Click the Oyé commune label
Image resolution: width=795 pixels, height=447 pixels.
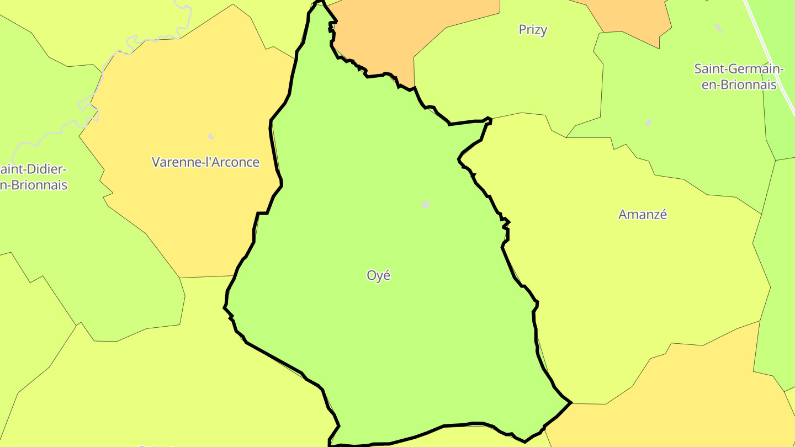379,275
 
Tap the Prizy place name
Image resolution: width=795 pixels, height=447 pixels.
533,30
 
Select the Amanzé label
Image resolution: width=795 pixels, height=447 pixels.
643,215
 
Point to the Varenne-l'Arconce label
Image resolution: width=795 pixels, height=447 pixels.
205,162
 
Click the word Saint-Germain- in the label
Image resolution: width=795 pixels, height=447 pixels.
739,70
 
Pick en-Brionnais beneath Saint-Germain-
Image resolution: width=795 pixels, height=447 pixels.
739,85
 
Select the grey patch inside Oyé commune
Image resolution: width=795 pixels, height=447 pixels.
426,205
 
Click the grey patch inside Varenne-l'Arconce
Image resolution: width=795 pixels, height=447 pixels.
211,136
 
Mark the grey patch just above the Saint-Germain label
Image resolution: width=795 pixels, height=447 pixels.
718,28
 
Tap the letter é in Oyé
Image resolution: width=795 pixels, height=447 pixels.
386,275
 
